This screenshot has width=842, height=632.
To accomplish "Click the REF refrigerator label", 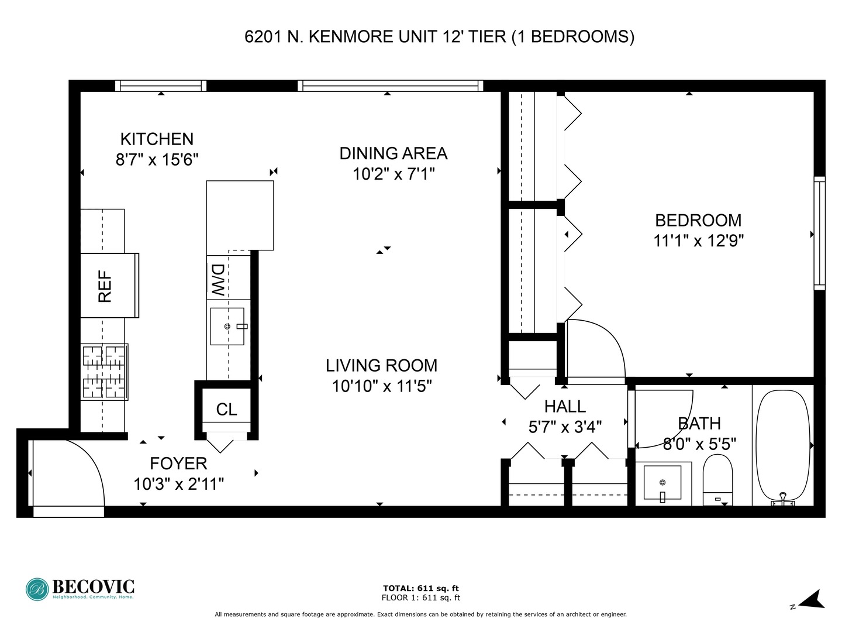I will (105, 286).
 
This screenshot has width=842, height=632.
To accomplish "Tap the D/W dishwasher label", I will (218, 279).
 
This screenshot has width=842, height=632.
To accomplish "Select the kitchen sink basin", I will (227, 326).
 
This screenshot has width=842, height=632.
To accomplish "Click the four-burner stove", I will (105, 372).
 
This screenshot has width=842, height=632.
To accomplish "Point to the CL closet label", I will (226, 410).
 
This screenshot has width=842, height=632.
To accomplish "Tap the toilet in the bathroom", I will (717, 480).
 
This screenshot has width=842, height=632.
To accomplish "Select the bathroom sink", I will (662, 483).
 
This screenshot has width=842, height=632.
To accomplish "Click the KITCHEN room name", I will (157, 139).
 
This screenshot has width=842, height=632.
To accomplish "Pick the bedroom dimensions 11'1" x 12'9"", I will (698, 241).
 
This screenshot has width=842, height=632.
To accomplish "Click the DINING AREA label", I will (393, 153).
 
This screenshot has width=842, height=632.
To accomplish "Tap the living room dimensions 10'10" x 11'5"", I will (381, 386).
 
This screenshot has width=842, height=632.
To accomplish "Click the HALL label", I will (564, 406).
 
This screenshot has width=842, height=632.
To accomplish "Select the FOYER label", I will (178, 463).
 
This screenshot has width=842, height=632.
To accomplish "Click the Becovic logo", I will (80, 588).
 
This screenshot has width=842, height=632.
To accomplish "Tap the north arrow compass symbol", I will (810, 600).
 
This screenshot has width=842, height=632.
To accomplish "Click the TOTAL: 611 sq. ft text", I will (420, 588).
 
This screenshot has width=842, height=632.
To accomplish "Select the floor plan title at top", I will (439, 37).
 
